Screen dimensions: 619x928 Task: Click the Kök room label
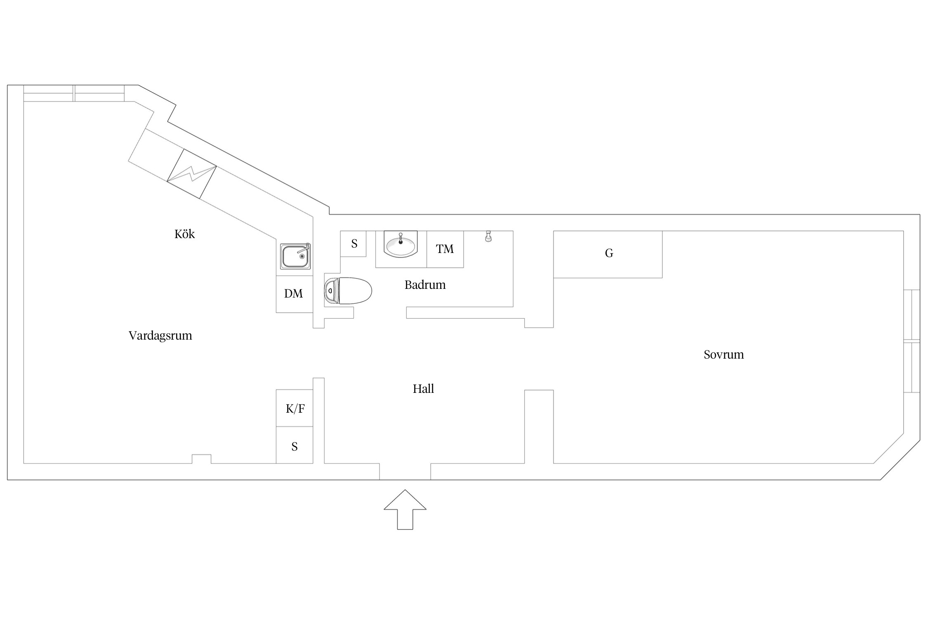(x=184, y=234)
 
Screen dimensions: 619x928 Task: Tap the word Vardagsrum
(x=160, y=336)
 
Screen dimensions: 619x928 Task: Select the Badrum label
(x=425, y=285)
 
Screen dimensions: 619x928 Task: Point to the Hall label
(x=423, y=389)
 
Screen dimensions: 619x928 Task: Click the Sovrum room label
(x=723, y=355)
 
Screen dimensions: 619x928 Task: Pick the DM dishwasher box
(x=294, y=294)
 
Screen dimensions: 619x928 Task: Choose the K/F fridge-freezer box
(x=294, y=408)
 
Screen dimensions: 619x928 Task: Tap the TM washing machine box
(x=445, y=249)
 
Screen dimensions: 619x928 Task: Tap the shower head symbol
(x=488, y=236)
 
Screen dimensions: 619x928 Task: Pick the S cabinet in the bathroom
(x=353, y=243)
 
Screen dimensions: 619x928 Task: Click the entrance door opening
(x=405, y=471)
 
